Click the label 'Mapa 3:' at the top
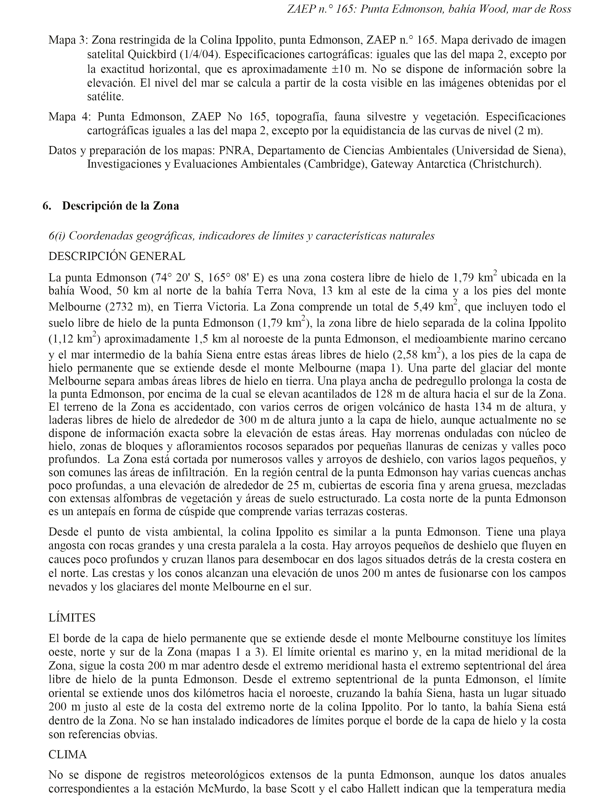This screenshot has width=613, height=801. pos(68,40)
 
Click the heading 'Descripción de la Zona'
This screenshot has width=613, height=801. pos(121,206)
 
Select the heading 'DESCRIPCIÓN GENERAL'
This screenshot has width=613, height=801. pos(117,256)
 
